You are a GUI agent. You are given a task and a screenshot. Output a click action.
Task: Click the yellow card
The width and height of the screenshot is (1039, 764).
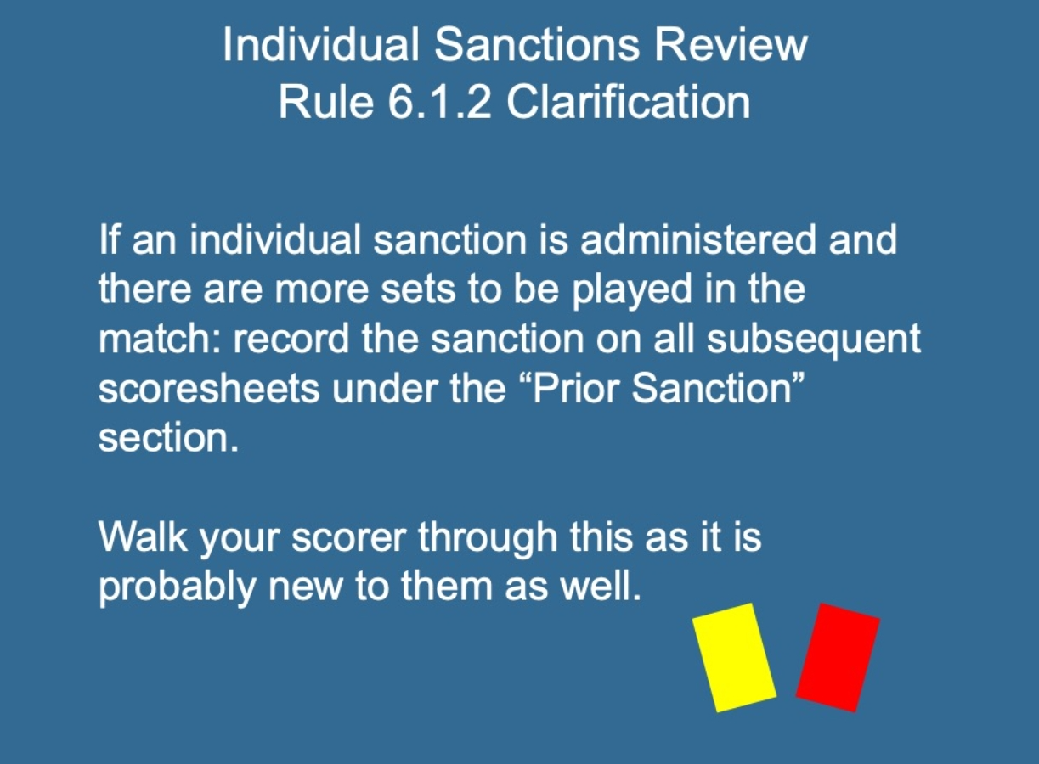click(x=734, y=657)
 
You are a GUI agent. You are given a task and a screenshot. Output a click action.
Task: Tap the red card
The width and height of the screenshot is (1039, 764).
click(x=838, y=657)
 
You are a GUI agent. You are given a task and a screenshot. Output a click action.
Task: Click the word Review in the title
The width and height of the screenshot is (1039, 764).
click(x=731, y=44)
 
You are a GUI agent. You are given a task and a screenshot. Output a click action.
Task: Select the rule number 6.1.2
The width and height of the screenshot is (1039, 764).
click(x=439, y=102)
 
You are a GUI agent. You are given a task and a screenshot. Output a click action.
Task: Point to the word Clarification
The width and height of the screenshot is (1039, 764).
click(x=628, y=102)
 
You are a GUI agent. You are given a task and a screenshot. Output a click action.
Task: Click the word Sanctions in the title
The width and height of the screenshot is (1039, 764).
click(x=537, y=44)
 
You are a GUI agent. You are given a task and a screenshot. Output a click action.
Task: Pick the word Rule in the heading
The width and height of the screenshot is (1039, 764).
click(x=326, y=102)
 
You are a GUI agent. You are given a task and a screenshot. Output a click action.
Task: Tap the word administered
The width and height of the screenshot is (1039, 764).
click(x=698, y=239)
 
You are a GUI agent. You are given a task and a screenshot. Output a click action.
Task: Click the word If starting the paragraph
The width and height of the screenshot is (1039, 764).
click(x=109, y=239)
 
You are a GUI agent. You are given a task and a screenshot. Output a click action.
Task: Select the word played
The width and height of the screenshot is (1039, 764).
click(x=632, y=290)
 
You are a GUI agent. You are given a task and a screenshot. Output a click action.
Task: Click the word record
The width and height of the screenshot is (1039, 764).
click(x=291, y=339)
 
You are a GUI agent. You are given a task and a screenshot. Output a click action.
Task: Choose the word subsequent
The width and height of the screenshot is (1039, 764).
click(x=814, y=340)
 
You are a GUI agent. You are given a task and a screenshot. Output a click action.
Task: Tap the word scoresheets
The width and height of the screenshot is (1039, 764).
click(x=209, y=389)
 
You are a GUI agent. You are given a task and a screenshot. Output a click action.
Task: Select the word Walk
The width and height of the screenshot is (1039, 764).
click(x=144, y=536)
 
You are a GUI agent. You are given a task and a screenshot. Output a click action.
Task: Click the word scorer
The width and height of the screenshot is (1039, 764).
click(x=349, y=537)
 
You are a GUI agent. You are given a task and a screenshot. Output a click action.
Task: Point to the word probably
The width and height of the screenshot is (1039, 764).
click(x=178, y=587)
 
